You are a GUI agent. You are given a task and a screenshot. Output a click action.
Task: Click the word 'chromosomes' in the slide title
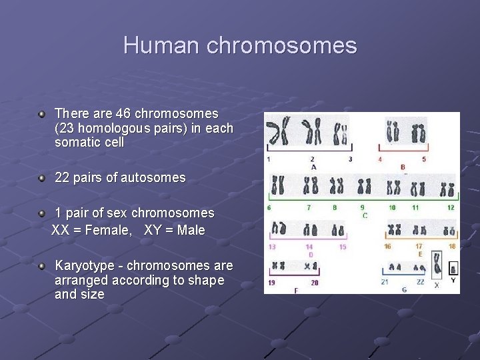coord(282,46)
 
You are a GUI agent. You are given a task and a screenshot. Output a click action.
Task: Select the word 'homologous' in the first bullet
coord(117,128)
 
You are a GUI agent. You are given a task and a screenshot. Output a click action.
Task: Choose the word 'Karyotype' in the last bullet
coord(84,265)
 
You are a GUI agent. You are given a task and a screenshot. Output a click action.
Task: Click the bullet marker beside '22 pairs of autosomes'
coord(42,178)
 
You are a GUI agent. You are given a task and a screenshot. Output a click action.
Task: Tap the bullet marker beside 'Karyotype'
coord(42,265)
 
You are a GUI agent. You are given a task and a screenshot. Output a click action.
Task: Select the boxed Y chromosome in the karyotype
coord(453,269)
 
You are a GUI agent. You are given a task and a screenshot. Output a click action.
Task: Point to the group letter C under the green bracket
coord(365,216)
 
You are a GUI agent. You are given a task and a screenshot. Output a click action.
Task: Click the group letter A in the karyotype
coord(313,167)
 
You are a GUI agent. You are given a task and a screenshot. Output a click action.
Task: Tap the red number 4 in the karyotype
coord(380,160)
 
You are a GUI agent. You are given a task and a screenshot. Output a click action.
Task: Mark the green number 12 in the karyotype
coord(451,208)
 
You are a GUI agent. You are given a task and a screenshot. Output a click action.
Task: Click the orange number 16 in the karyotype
coord(387,247)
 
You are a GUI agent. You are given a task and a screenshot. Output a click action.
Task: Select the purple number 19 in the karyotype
coord(271,283)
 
